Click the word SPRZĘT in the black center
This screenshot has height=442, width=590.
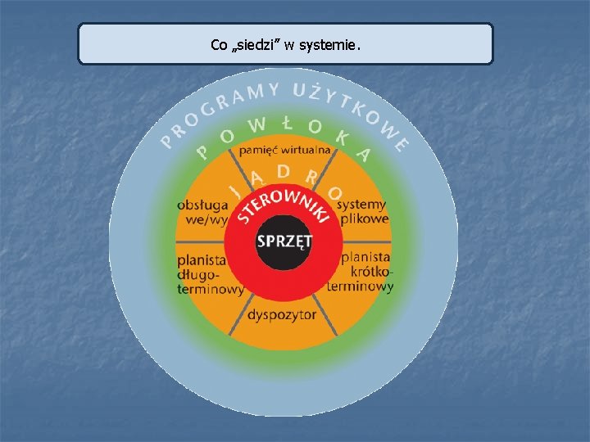pyautogui.click(x=284, y=241)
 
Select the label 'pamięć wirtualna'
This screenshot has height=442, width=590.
pyautogui.click(x=284, y=151)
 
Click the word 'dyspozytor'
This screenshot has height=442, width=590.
pyautogui.click(x=282, y=315)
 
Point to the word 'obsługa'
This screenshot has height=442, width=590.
pyautogui.click(x=202, y=205)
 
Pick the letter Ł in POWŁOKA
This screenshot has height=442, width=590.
pyautogui.click(x=287, y=123)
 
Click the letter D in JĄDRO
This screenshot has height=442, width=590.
pyautogui.click(x=283, y=171)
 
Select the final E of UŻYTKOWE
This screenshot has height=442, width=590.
pyautogui.click(x=401, y=145)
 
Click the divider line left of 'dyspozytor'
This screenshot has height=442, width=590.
pyautogui.click(x=238, y=318)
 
